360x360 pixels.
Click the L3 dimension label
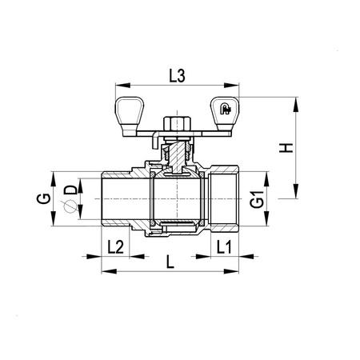coord(177,76)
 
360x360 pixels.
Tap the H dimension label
coord(286,148)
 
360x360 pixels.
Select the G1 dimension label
coord(257,199)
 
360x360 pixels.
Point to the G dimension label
coord(43,198)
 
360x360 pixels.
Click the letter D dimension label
coord(70,190)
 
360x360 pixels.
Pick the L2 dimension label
coord(115,247)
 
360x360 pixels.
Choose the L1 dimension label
coord(224,247)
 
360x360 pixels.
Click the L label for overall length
coord(170,262)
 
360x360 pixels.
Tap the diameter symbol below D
coord(70,206)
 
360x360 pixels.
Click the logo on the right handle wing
coord(226,109)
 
